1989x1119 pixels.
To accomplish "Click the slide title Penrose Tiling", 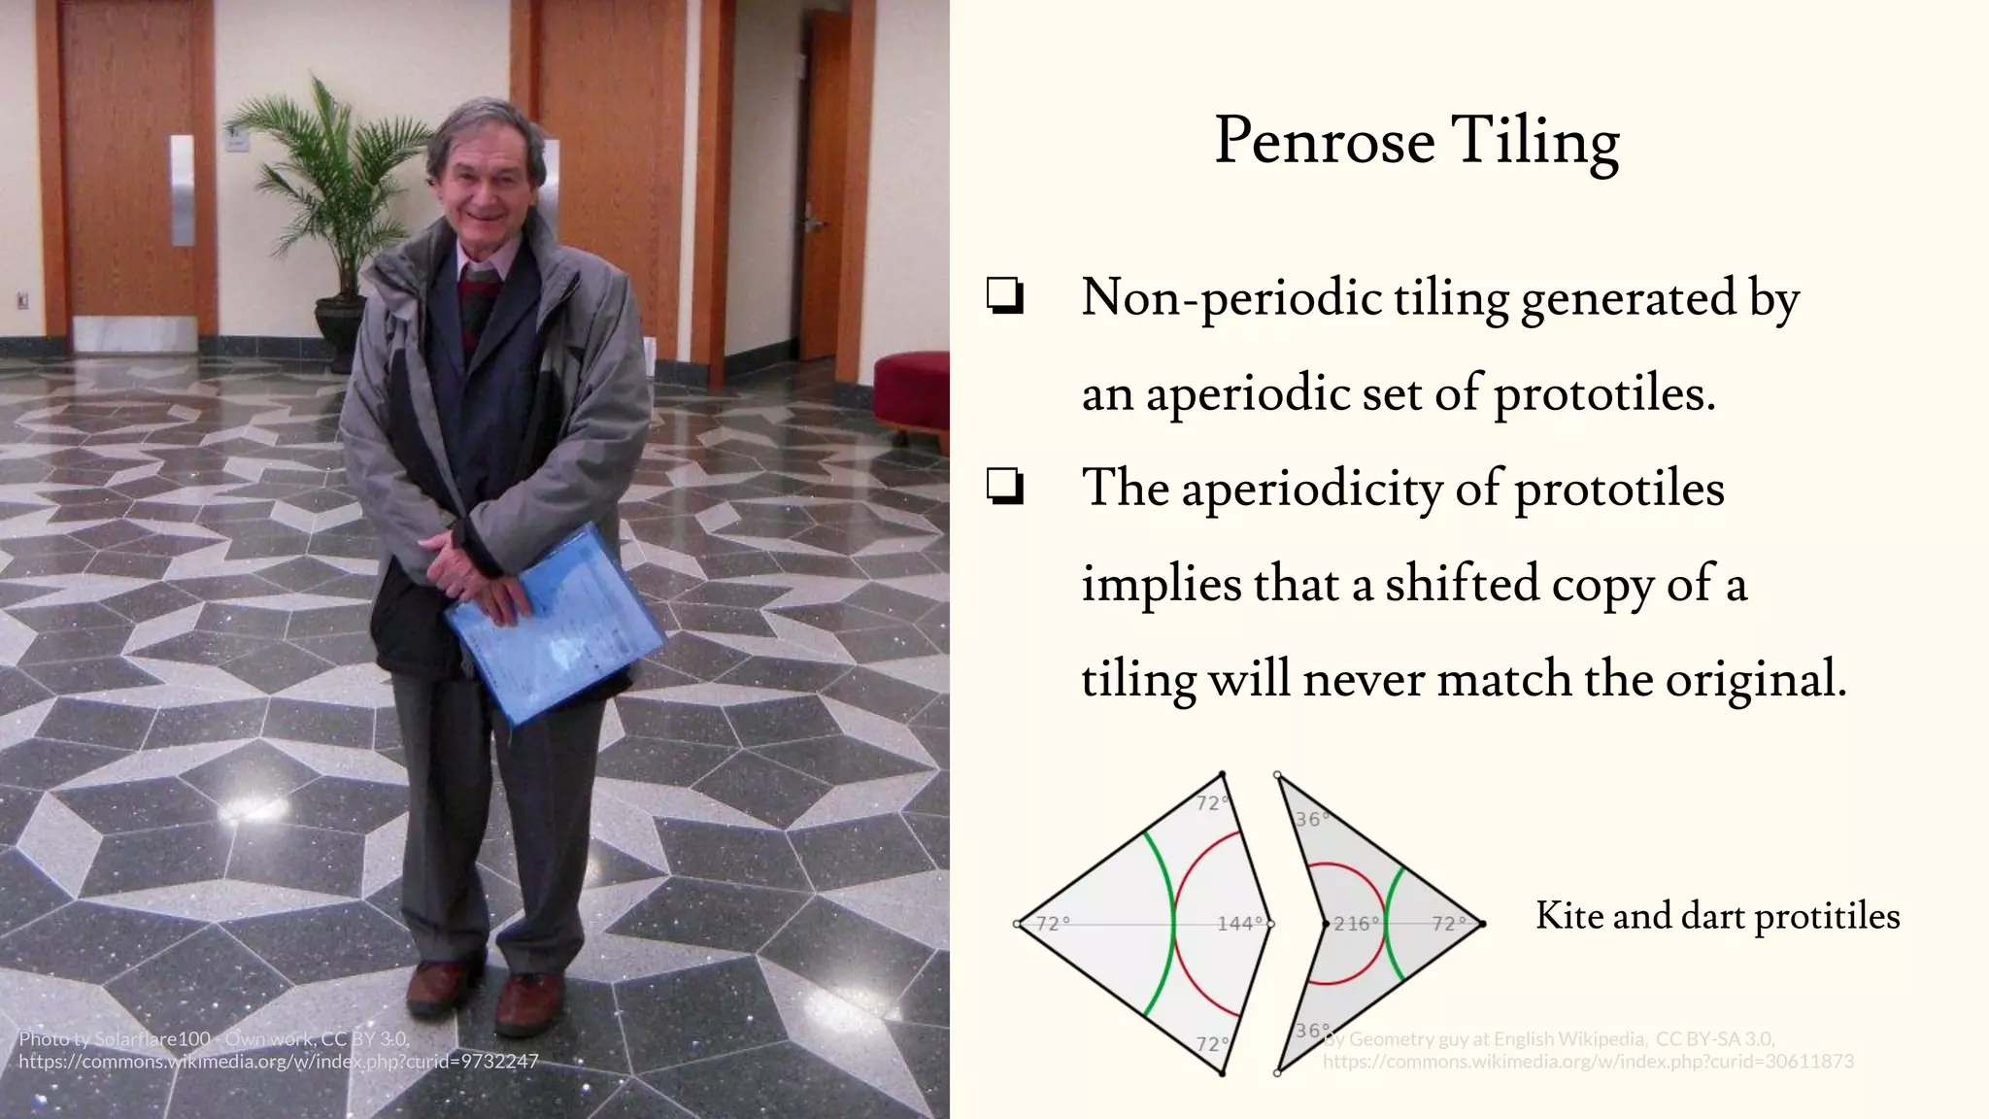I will (1416, 142).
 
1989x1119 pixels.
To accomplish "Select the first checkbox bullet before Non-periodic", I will (1005, 296).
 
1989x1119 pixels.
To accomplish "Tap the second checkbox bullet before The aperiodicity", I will (1005, 487).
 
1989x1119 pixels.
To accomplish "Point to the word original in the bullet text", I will (1755, 678).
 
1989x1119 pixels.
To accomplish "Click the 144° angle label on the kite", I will (1240, 923).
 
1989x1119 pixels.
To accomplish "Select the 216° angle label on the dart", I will (1356, 924).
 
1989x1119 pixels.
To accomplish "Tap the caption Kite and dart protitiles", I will (1717, 916).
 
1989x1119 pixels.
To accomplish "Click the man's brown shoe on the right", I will (528, 1000).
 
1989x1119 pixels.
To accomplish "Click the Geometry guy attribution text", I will (1554, 1039).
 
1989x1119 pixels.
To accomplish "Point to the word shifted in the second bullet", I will (1461, 584).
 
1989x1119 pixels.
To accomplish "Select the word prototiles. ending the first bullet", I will (1604, 393).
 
